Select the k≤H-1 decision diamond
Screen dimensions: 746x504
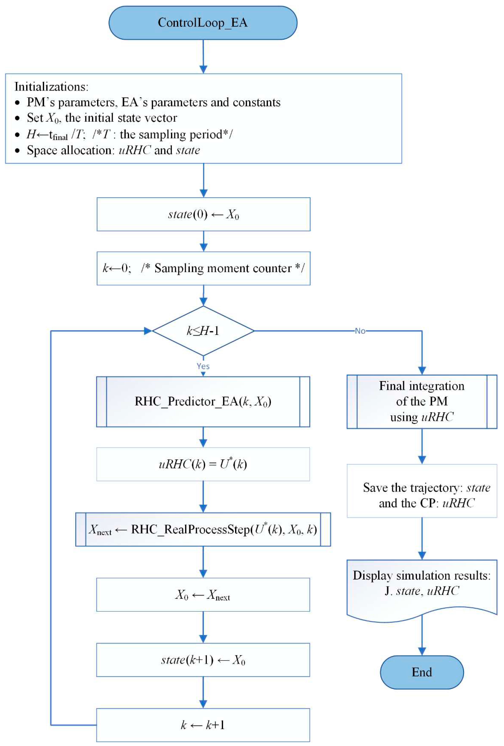pyautogui.click(x=203, y=331)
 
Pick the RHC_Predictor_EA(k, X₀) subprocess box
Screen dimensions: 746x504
pyautogui.click(x=203, y=402)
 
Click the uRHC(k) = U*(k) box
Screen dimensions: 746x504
pyautogui.click(x=203, y=464)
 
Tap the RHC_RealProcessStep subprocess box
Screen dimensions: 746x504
pyautogui.click(x=203, y=529)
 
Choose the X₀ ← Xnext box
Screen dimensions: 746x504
pyautogui.click(x=203, y=594)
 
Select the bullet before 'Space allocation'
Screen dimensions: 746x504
pyautogui.click(x=17, y=151)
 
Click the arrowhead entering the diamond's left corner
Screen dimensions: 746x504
pyautogui.click(x=148, y=331)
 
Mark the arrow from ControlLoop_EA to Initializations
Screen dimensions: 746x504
pyautogui.click(x=203, y=56)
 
